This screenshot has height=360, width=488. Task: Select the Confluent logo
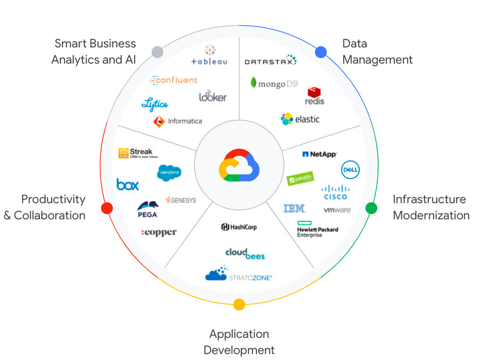(x=173, y=80)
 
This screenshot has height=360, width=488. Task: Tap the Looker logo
(x=213, y=96)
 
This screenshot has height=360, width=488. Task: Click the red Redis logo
(x=315, y=96)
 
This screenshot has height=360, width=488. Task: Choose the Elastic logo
(x=300, y=119)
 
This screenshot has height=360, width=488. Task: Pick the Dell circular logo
(x=350, y=170)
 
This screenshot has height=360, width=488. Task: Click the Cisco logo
(x=336, y=192)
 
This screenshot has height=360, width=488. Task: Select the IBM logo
(x=294, y=209)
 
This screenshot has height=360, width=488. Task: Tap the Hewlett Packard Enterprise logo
(x=317, y=230)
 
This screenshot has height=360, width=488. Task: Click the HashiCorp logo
(x=239, y=227)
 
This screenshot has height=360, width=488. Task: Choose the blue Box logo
(x=128, y=185)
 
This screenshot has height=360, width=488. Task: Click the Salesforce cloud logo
(x=169, y=172)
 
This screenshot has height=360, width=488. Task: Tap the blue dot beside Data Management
(x=321, y=52)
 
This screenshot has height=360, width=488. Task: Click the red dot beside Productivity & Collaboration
(x=107, y=208)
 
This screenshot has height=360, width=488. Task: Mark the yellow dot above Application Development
(x=239, y=304)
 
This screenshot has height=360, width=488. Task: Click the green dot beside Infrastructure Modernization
(x=372, y=208)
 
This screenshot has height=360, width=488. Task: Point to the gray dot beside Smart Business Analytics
(x=157, y=52)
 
